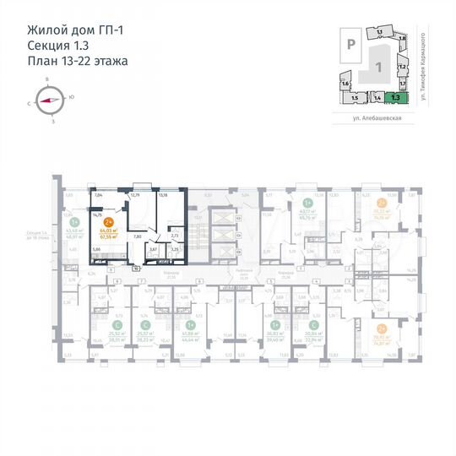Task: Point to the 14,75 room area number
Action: coord(97,214)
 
